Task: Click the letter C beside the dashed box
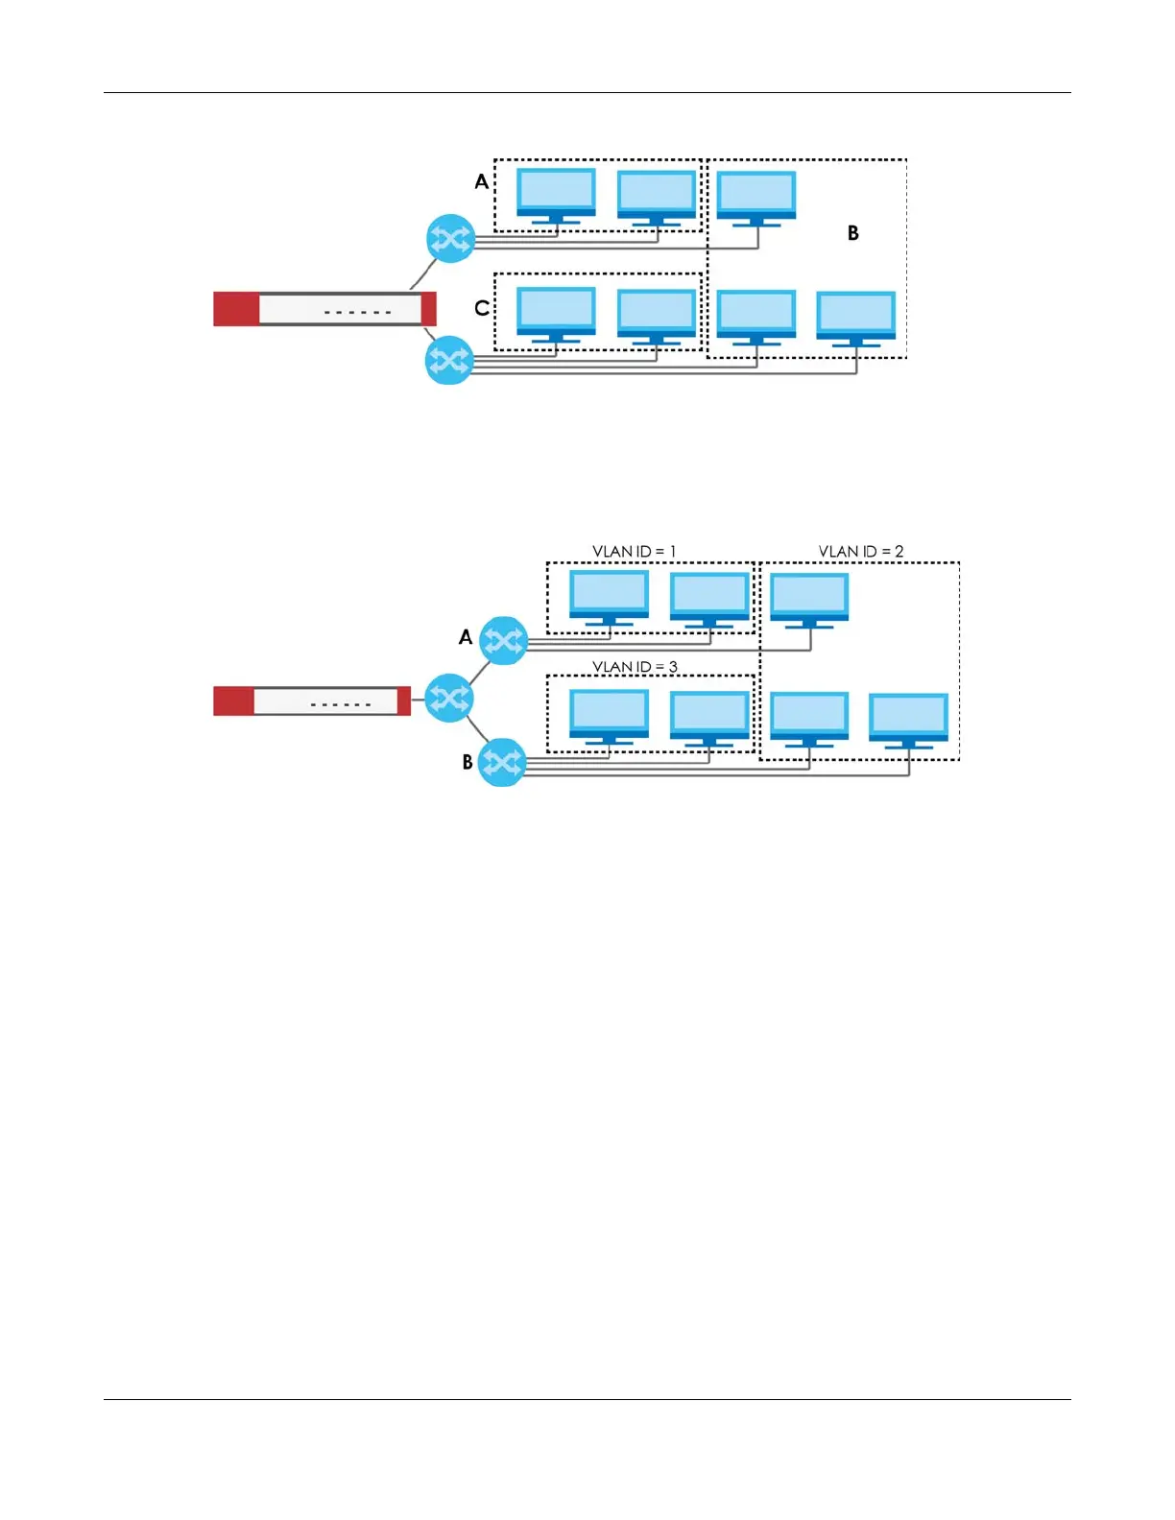(482, 308)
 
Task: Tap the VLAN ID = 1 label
(634, 551)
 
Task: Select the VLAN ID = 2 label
(860, 551)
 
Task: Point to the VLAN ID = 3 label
(634, 666)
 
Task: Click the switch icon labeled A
(503, 640)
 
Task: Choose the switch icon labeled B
(501, 762)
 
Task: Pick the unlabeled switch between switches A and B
(448, 698)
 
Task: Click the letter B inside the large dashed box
(852, 232)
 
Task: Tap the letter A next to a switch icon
(466, 637)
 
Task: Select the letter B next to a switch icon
(468, 762)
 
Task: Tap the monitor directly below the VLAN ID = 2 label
(809, 599)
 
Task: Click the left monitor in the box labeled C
(556, 314)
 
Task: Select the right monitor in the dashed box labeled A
(657, 197)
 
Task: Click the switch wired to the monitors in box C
(448, 360)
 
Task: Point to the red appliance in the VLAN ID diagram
(311, 701)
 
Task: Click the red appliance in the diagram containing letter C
(324, 309)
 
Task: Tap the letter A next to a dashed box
(481, 181)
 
